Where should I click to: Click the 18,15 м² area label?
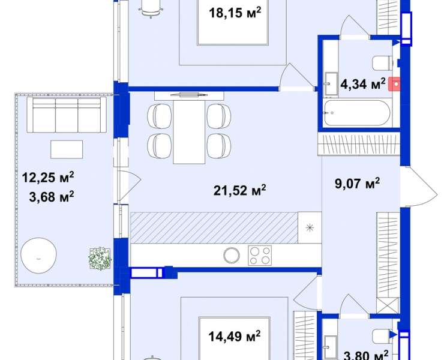tap(235, 13)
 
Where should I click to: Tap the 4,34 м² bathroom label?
tap(363, 84)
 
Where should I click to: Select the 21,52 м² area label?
tap(239, 190)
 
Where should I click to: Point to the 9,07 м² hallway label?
tap(357, 183)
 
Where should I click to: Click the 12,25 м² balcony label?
tap(48, 178)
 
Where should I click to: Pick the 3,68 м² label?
tap(52, 197)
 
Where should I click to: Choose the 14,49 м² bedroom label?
tap(235, 337)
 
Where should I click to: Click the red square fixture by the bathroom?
tap(394, 84)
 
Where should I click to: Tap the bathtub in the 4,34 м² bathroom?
tap(357, 113)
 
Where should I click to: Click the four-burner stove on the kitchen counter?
tap(260, 255)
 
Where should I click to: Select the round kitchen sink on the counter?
tap(232, 256)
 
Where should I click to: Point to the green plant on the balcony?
tap(100, 259)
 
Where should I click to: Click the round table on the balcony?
tap(38, 255)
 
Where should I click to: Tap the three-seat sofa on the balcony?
tap(67, 115)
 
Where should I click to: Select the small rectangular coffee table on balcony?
tap(67, 149)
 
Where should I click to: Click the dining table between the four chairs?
tap(189, 132)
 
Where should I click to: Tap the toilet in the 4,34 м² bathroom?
tap(382, 63)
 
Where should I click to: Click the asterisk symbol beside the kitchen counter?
tap(310, 228)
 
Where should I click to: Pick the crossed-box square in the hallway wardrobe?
tap(388, 305)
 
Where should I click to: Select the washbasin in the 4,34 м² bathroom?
tap(331, 83)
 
